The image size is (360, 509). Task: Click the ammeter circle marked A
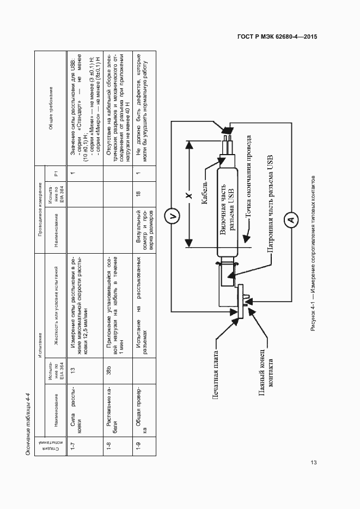[x=290, y=220]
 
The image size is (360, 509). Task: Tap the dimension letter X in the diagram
[x=188, y=195]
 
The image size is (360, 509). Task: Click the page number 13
[x=313, y=463]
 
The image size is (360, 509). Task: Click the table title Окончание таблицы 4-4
[x=29, y=416]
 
